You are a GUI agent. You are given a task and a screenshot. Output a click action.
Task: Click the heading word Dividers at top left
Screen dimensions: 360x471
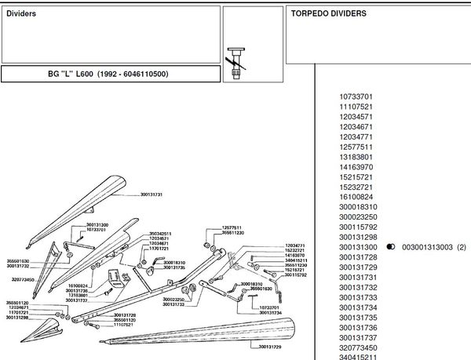21,13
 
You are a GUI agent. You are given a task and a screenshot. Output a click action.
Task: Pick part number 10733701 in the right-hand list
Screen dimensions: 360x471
356,96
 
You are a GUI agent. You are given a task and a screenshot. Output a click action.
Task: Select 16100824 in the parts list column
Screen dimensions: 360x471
356,196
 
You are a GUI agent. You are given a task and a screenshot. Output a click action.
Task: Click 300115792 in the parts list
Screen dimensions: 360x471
359,227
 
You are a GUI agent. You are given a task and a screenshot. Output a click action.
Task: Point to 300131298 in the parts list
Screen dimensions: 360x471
359,237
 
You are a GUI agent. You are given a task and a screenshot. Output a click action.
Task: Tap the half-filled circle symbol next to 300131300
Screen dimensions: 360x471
391,247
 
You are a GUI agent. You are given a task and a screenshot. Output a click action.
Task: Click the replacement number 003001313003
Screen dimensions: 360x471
428,247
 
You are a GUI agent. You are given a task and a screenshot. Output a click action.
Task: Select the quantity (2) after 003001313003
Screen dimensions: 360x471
462,247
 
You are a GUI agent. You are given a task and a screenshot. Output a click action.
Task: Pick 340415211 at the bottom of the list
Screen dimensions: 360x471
359,356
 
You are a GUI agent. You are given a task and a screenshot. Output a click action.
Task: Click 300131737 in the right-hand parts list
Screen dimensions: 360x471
359,336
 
